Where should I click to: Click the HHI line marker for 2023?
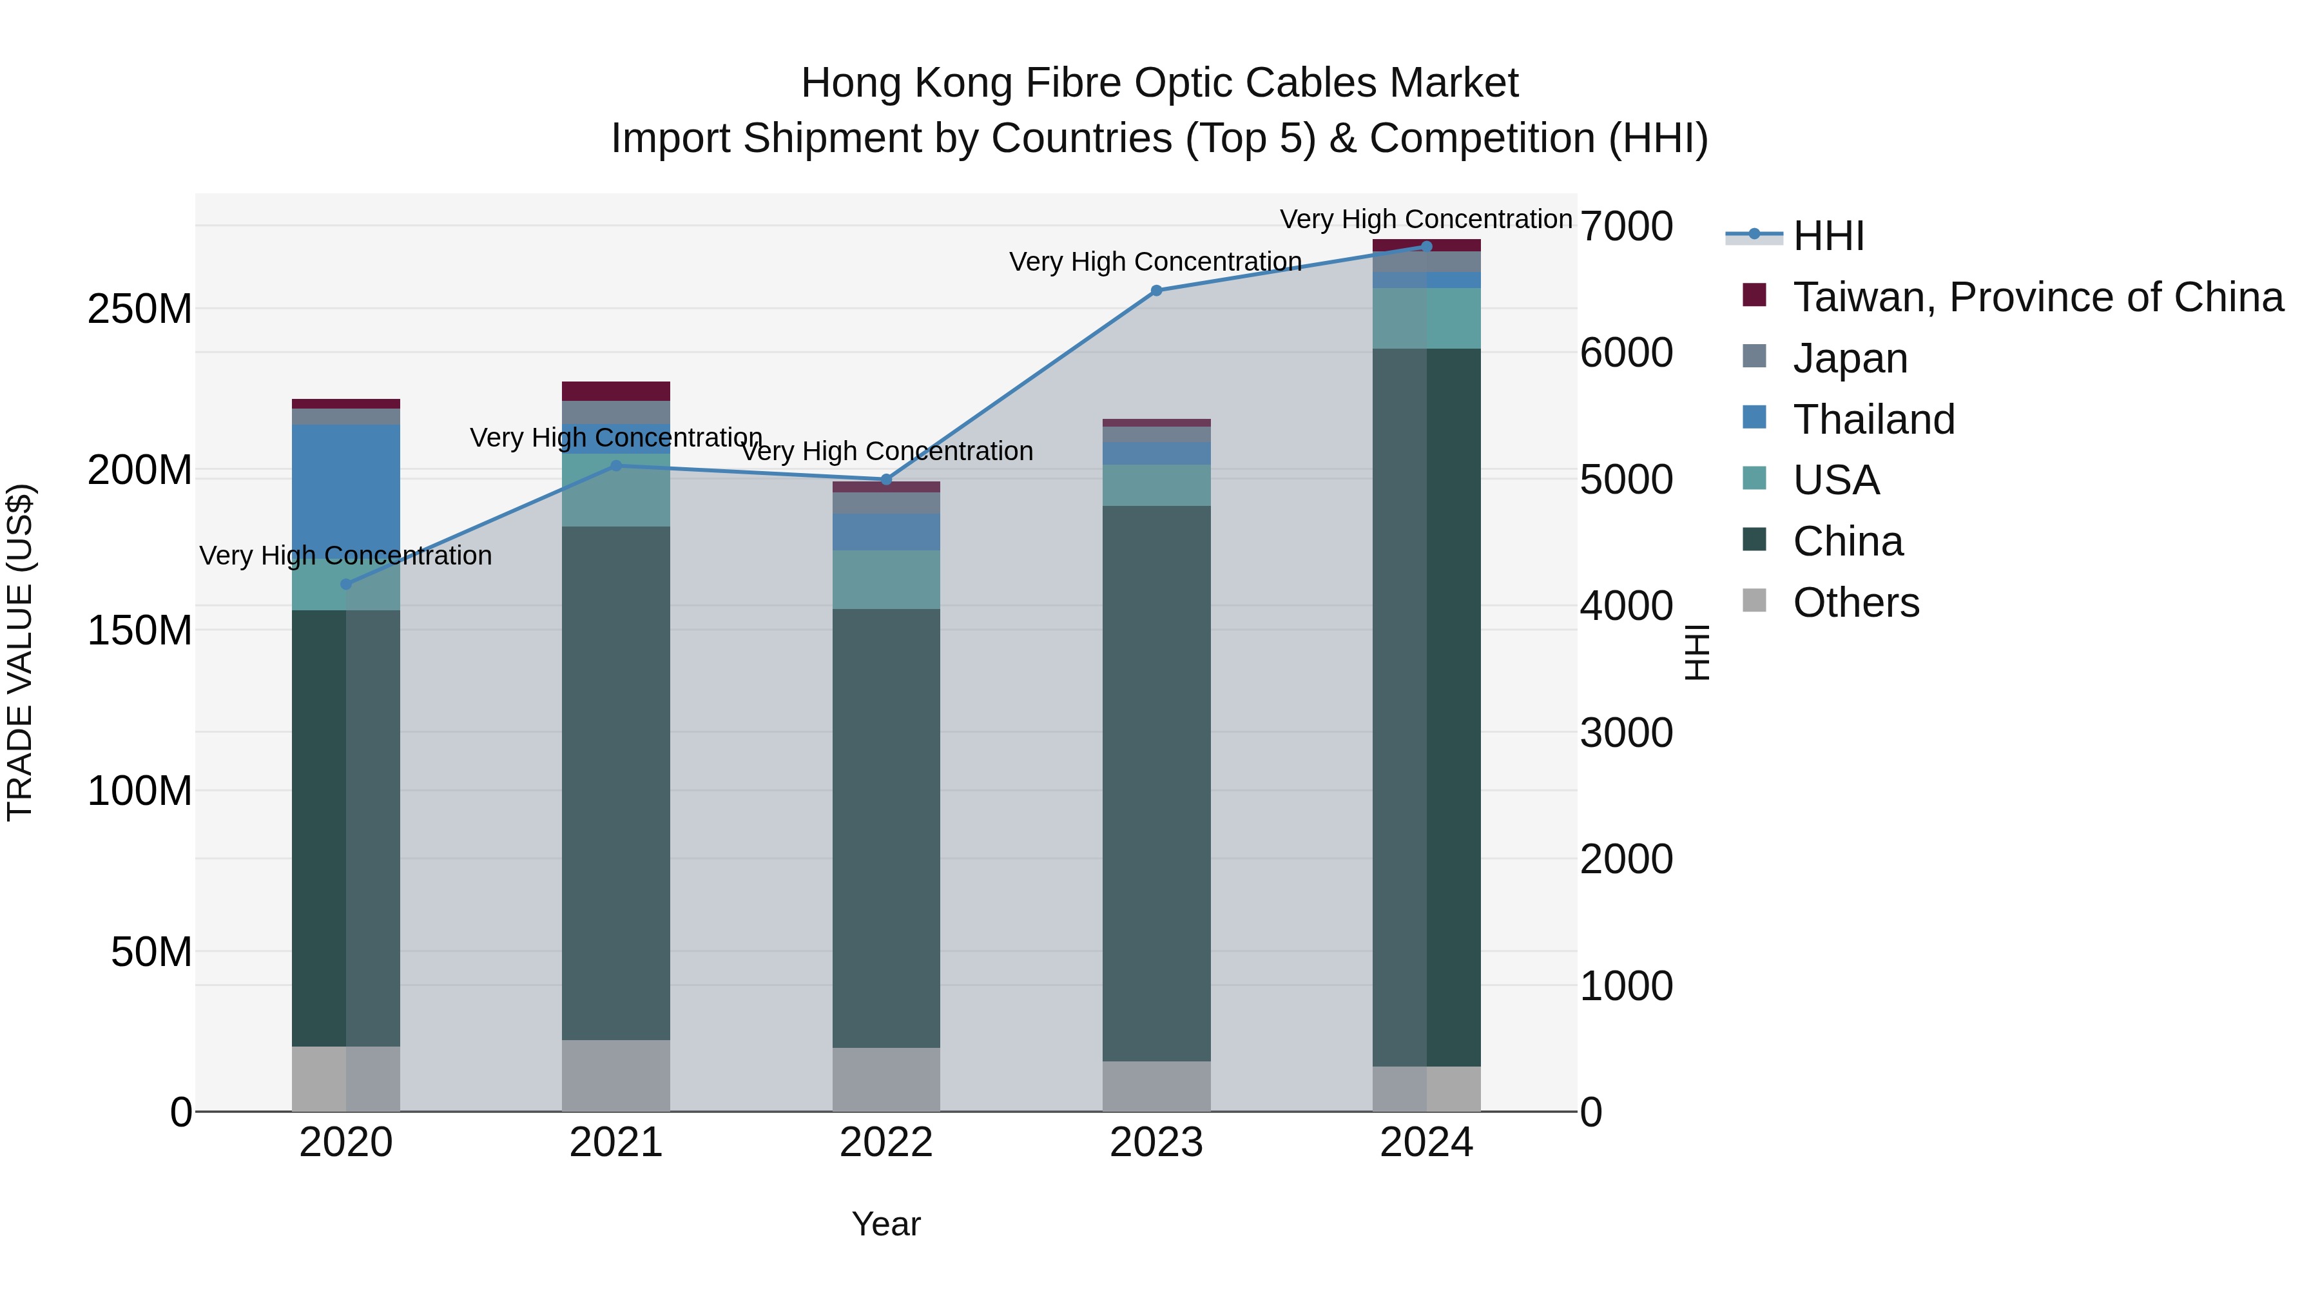click(1156, 291)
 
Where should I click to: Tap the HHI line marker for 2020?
click(346, 585)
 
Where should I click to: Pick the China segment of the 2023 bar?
click(1156, 784)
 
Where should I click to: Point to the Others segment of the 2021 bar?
click(616, 1076)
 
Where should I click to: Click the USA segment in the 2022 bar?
click(886, 579)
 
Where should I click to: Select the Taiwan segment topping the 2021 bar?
click(616, 391)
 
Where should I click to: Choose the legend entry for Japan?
click(1850, 358)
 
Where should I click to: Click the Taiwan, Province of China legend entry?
click(2037, 297)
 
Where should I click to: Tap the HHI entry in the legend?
click(1828, 236)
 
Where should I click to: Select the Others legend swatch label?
click(1855, 603)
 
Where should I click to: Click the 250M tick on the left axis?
click(140, 309)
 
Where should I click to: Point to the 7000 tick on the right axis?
click(1627, 226)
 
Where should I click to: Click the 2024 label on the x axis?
click(1427, 1143)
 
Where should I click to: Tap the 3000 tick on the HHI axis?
click(1627, 732)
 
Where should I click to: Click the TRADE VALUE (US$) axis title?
click(20, 653)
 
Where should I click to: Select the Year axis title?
click(886, 1224)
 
